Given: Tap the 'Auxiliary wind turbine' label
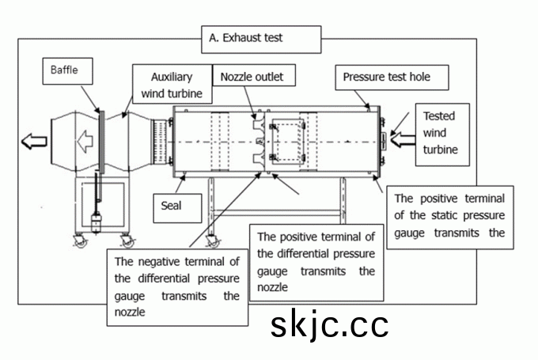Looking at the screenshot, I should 172,85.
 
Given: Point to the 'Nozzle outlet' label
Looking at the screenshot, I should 252,77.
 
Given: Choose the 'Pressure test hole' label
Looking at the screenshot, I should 392,78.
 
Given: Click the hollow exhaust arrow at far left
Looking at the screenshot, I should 33,142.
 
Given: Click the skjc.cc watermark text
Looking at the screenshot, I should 329,325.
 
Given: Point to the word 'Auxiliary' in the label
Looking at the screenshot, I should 172,78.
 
